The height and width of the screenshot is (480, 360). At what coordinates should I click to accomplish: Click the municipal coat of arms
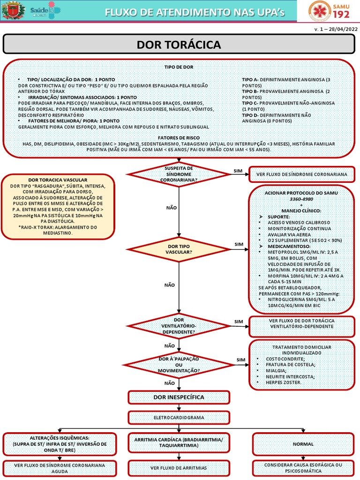13,11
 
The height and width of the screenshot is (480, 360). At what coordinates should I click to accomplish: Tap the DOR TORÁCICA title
179,45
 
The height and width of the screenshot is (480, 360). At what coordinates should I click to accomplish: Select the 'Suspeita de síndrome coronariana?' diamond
179,174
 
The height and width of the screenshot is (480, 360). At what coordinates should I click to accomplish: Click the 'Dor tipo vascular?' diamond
179,249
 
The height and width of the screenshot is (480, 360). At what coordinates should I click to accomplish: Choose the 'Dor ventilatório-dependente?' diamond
179,326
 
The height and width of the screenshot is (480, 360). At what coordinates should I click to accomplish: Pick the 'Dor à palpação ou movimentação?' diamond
179,365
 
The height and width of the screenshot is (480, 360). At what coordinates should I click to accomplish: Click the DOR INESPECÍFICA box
179,397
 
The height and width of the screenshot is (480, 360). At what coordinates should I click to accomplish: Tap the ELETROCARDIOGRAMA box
179,418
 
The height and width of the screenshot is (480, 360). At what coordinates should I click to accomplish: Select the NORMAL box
303,444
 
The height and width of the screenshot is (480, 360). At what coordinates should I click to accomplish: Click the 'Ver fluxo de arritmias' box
179,468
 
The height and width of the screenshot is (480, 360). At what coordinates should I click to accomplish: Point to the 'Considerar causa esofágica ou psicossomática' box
303,468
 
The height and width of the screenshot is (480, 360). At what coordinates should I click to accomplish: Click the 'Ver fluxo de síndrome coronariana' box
302,174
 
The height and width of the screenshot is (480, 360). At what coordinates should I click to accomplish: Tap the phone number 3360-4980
301,199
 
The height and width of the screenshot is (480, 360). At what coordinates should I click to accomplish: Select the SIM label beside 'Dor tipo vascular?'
239,244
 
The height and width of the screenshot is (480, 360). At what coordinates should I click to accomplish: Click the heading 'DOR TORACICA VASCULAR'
58,180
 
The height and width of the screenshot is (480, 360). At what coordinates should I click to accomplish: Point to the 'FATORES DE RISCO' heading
179,138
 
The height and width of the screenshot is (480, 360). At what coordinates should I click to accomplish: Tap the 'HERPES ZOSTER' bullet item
284,382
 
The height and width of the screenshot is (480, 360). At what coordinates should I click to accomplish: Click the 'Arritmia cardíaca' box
179,442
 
